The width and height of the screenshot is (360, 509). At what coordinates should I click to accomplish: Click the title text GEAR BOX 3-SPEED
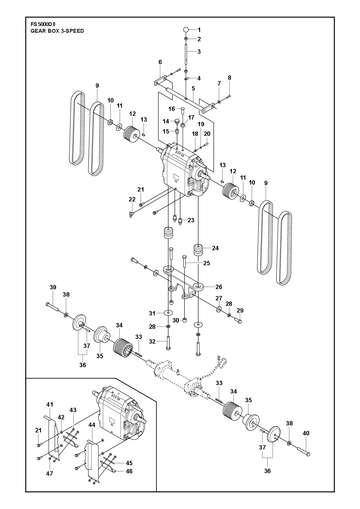point(57,31)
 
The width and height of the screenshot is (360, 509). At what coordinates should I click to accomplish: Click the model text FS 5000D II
point(43,24)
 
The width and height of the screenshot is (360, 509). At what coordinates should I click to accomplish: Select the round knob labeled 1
point(186,29)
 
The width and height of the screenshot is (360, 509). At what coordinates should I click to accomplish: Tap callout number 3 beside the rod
point(199,52)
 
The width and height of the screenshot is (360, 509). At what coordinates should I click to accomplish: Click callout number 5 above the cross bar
point(193,88)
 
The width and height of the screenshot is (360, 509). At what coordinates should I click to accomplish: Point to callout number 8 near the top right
point(229,78)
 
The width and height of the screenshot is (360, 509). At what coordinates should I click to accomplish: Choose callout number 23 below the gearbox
point(191,220)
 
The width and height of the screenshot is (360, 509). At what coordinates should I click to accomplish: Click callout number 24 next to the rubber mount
point(215,248)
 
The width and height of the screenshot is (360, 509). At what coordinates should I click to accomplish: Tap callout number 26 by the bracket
point(219,287)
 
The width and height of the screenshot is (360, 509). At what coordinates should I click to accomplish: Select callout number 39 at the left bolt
point(53,287)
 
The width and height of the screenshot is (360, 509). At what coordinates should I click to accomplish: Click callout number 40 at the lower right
point(306,433)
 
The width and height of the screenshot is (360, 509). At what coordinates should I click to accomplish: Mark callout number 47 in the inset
point(49,473)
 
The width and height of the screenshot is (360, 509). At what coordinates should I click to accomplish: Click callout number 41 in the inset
point(49,405)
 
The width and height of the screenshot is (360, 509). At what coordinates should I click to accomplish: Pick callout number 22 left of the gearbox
point(132,199)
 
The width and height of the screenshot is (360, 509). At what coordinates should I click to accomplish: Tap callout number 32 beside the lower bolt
point(152,341)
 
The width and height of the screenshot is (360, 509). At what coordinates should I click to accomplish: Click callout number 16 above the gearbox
point(172,109)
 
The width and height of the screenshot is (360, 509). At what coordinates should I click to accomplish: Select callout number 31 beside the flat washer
point(152,313)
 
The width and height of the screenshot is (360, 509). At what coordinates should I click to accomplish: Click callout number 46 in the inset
point(129,471)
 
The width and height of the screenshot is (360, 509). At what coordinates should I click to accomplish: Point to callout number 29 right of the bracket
point(240,310)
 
